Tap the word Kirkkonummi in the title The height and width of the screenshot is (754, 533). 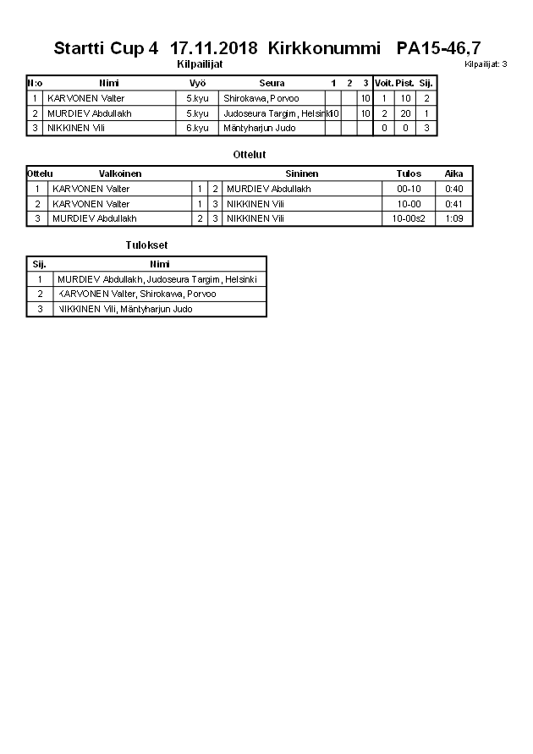click(x=319, y=48)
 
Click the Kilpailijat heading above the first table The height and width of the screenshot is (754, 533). click(x=200, y=64)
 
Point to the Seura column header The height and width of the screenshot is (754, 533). click(x=272, y=83)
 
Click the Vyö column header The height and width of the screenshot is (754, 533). click(x=198, y=83)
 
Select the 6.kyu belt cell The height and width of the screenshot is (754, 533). click(x=197, y=128)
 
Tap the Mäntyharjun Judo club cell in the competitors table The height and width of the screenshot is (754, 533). click(x=259, y=128)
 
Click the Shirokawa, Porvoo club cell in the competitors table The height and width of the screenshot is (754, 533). click(x=261, y=98)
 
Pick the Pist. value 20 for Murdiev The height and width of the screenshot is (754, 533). click(x=405, y=113)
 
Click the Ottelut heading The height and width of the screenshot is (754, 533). click(x=249, y=155)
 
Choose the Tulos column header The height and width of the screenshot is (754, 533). click(x=409, y=173)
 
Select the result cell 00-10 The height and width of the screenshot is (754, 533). click(x=409, y=189)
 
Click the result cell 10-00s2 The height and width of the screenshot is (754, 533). click(x=409, y=218)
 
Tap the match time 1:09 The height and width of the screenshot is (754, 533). click(x=454, y=218)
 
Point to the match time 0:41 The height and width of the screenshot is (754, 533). click(x=454, y=204)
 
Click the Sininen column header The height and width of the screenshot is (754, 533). click(x=302, y=173)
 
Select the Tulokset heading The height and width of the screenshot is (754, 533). click(x=146, y=245)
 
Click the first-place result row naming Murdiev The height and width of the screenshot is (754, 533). click(x=161, y=279)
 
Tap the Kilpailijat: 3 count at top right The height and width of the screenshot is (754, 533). click(x=486, y=64)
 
